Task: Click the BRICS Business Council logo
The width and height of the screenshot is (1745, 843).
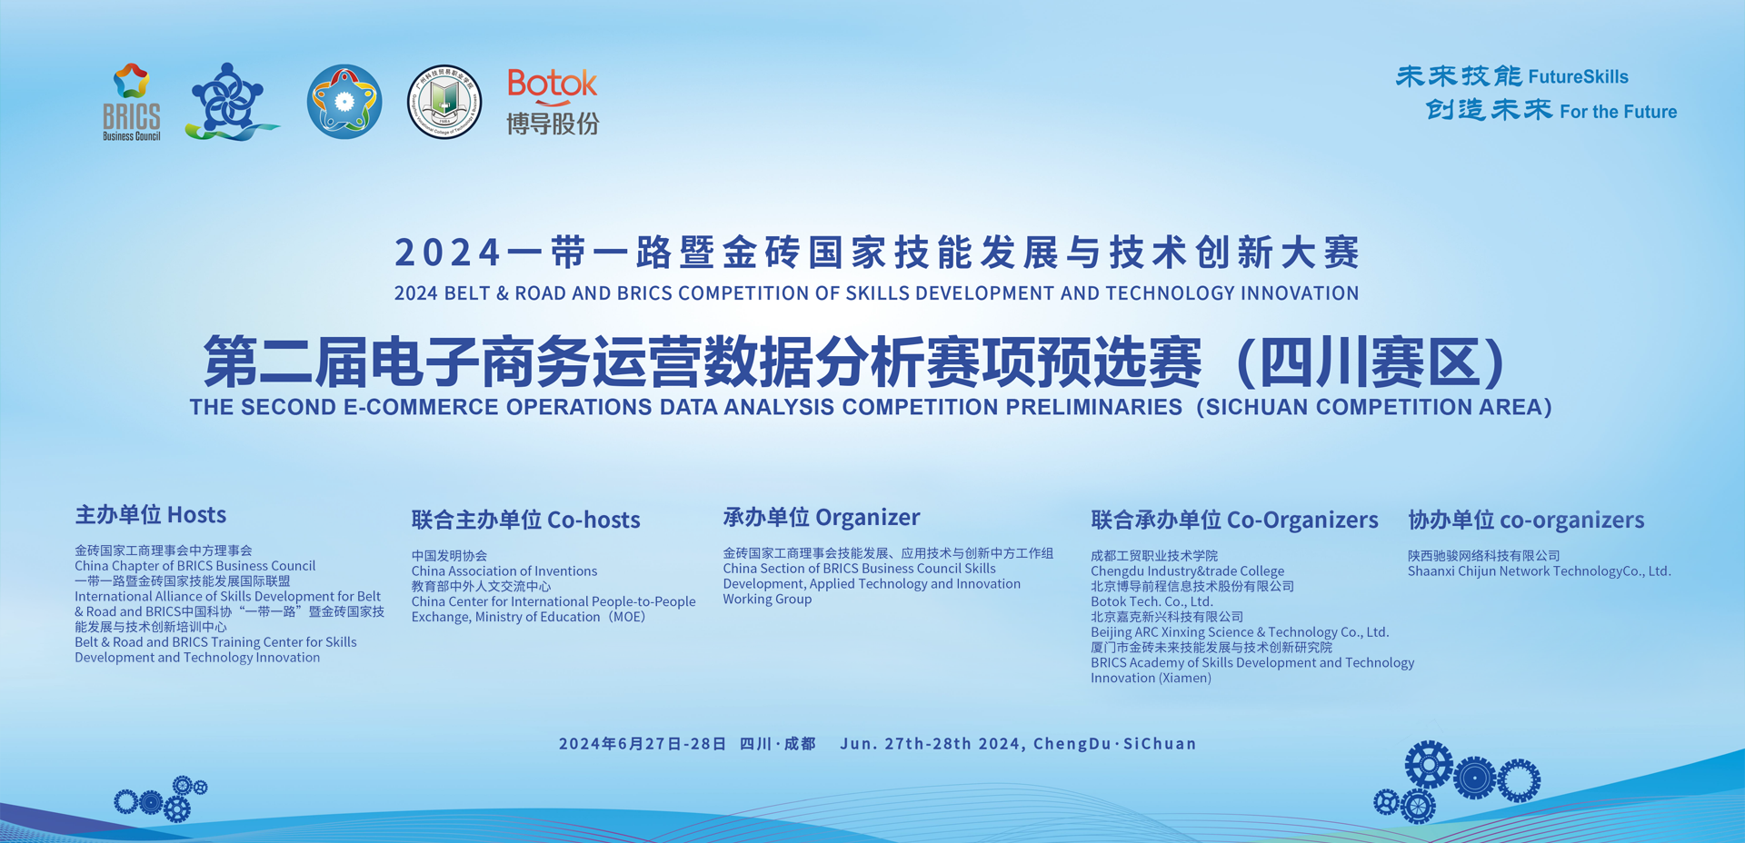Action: [132, 102]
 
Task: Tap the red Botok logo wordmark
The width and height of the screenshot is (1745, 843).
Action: [552, 85]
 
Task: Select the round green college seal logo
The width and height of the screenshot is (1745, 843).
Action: [444, 102]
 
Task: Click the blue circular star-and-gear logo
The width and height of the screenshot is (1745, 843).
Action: [344, 102]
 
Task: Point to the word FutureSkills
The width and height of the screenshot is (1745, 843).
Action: [1578, 76]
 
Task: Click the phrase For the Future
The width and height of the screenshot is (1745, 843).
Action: [1618, 112]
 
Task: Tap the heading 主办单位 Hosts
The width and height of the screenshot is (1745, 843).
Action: [151, 515]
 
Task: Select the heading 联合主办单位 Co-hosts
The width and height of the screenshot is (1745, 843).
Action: [525, 520]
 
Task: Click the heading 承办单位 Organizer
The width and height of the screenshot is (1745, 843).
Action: [822, 518]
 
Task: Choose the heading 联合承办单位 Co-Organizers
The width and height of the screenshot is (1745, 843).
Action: [1234, 520]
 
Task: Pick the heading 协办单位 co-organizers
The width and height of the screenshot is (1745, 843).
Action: [1526, 520]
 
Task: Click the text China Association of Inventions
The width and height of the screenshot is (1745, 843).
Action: [504, 570]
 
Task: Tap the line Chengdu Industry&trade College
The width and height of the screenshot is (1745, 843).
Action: [1187, 570]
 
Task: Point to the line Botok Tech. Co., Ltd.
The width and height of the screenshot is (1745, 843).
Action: [1152, 601]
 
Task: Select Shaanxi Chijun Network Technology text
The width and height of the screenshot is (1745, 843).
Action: [1540, 570]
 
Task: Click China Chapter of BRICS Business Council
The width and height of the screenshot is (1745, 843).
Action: [194, 565]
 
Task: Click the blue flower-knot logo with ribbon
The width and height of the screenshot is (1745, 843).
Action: [231, 102]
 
